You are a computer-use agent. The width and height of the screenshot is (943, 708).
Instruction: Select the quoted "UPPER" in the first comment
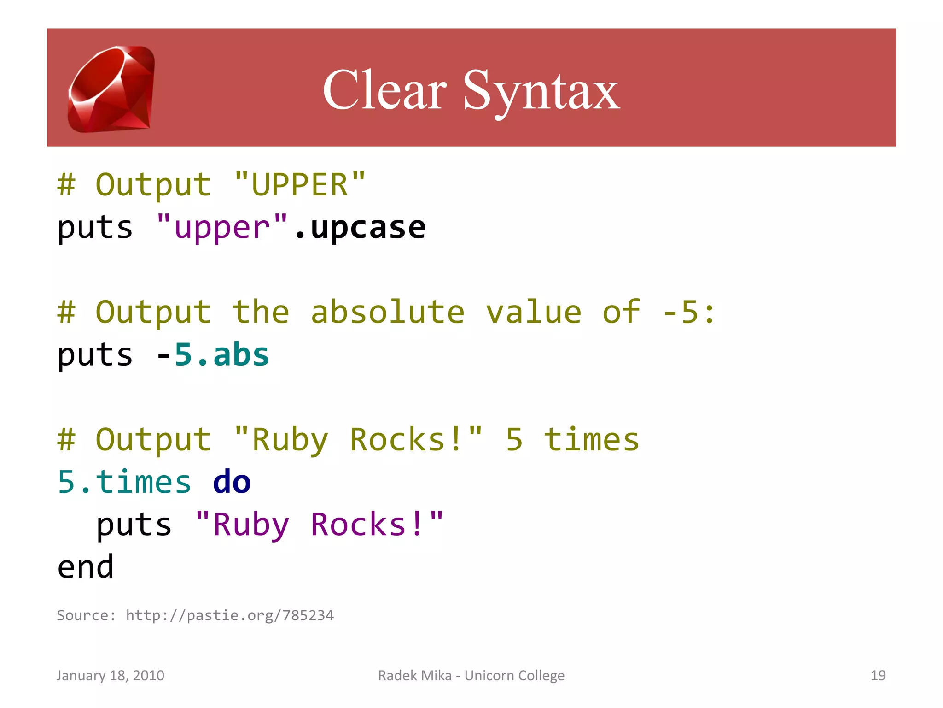(300, 184)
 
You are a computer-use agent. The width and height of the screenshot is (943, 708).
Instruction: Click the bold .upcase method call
(361, 227)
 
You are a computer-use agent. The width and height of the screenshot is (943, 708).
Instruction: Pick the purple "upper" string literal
(222, 227)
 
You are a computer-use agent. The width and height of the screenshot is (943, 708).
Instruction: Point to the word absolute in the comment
(387, 312)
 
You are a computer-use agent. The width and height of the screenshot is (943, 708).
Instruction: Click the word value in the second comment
(534, 312)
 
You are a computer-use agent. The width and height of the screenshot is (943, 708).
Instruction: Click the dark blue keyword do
(232, 482)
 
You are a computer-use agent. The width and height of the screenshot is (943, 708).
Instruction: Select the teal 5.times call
(124, 482)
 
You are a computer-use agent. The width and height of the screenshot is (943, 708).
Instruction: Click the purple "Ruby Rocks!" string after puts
(320, 525)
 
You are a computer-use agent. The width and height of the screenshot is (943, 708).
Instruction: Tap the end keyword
(86, 567)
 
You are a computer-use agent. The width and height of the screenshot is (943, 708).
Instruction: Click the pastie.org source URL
(230, 615)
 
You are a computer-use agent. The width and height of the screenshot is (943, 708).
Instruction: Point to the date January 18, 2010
(111, 675)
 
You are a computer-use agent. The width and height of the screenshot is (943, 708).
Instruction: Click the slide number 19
(878, 675)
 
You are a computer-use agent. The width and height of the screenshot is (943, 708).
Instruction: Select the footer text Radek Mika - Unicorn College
(471, 675)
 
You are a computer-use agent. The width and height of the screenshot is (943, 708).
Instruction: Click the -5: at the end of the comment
(688, 312)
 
